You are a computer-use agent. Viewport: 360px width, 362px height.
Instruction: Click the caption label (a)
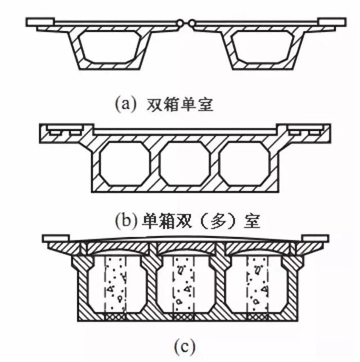(x=123, y=104)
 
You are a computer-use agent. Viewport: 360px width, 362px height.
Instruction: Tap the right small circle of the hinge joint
(x=191, y=23)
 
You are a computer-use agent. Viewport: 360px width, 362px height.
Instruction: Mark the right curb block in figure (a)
(x=332, y=21)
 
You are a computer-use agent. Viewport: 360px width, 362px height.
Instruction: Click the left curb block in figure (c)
(x=55, y=238)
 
